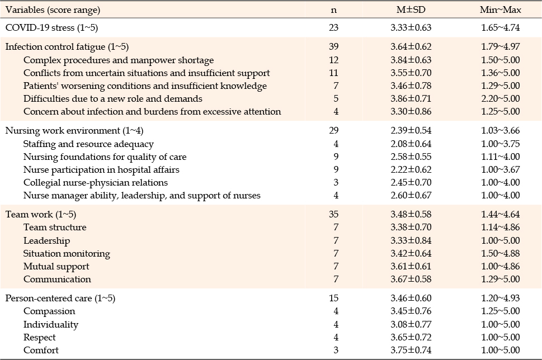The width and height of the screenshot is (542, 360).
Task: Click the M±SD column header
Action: point(411,10)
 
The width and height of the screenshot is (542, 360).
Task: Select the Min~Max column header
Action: point(500,10)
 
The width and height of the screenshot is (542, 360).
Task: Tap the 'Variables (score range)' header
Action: point(53,10)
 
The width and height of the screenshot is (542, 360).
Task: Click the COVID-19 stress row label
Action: point(52,27)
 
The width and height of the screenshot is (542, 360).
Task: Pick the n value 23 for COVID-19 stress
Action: point(333,27)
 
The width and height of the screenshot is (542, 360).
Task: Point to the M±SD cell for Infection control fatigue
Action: point(411,46)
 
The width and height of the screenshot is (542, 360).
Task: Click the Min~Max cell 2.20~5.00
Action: point(501,98)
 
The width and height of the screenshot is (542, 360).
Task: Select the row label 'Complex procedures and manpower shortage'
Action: point(119,60)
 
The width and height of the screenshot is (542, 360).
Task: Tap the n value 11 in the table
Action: point(334,73)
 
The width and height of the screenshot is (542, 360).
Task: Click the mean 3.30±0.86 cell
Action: point(411,112)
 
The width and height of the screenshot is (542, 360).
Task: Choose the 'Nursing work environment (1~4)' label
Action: point(74,131)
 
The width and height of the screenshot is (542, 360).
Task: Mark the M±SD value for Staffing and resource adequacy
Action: point(411,144)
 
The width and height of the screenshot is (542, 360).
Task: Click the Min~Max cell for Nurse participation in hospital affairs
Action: point(501,169)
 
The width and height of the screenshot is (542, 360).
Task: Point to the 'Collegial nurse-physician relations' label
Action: point(96,183)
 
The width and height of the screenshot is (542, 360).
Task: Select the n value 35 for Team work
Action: point(333,214)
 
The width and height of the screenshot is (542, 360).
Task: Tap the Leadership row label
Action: point(46,241)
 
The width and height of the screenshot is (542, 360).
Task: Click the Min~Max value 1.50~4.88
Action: point(501,253)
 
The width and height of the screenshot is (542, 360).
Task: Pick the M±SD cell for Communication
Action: point(411,279)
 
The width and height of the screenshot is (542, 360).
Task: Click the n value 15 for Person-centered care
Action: point(333,298)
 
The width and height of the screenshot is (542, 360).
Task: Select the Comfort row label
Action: point(41,350)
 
